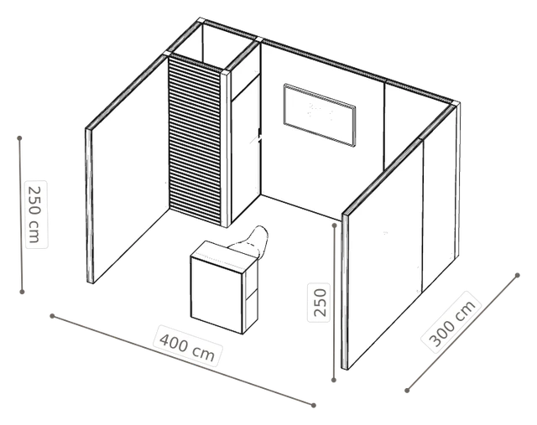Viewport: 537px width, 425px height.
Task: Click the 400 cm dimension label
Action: point(187,345)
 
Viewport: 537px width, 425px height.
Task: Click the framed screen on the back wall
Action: point(319,115)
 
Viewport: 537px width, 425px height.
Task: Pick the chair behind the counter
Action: point(252,241)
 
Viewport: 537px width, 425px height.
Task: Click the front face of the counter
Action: point(216,295)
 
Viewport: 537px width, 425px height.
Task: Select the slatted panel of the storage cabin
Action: point(195,141)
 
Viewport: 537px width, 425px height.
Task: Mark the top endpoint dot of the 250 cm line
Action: point(20,138)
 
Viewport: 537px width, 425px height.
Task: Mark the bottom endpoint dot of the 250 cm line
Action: point(23,292)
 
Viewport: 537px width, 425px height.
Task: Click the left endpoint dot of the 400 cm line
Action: point(52,316)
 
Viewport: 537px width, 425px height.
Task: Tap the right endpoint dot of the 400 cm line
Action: point(314,405)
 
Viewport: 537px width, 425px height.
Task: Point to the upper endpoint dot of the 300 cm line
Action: point(518,275)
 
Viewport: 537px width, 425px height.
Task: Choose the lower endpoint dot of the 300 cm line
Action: point(407,391)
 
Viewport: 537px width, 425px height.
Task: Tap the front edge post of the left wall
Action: point(89,205)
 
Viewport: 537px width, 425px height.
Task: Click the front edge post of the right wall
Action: point(345,291)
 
